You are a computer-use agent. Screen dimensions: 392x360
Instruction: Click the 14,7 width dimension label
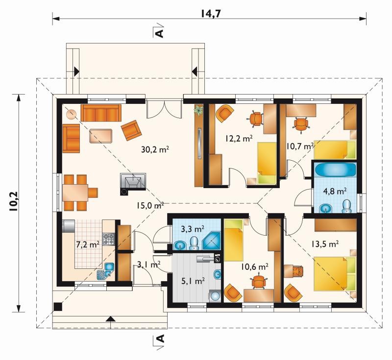[x=210, y=14]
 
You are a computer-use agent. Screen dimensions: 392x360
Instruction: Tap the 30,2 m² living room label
[x=155, y=149]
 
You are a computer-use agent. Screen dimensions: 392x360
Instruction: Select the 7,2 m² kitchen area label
[x=88, y=244]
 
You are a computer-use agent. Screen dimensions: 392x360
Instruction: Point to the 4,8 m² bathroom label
[x=335, y=192]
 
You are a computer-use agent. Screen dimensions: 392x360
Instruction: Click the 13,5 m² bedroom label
[x=325, y=243]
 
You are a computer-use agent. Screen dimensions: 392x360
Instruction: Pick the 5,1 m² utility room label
[x=193, y=281]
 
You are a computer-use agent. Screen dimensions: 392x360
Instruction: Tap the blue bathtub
[x=336, y=170]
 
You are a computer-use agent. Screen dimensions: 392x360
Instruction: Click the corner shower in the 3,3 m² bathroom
[x=211, y=241]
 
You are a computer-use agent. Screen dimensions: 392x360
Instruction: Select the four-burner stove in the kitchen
[x=108, y=239]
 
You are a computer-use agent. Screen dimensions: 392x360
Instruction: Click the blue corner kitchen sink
[x=106, y=271]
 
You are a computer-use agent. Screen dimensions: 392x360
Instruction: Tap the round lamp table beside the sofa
[x=71, y=114]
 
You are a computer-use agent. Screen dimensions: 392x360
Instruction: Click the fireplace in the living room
[x=133, y=184]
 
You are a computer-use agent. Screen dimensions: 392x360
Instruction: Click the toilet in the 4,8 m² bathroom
[x=346, y=206]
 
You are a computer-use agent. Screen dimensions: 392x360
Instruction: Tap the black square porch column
[x=58, y=307]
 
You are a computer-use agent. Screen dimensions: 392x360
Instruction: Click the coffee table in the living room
[x=101, y=136]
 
